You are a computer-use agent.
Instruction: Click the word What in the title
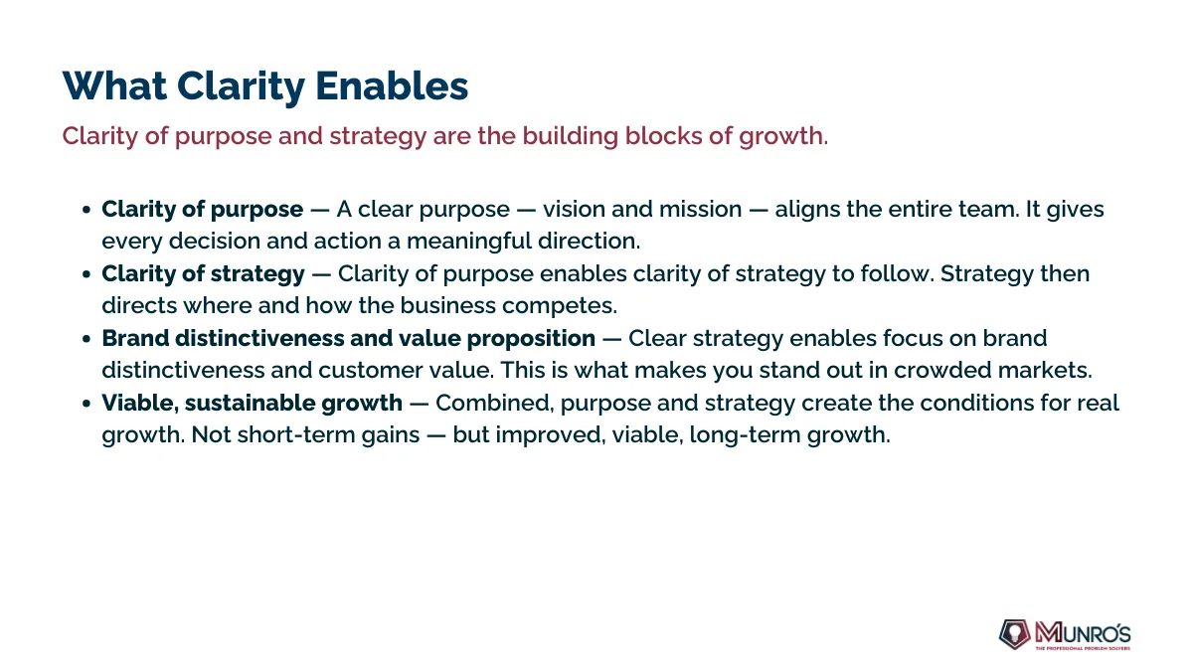pyautogui.click(x=114, y=85)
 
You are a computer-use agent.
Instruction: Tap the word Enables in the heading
pyautogui.click(x=392, y=85)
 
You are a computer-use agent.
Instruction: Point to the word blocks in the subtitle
pyautogui.click(x=663, y=136)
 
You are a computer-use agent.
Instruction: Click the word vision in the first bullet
pyautogui.click(x=574, y=209)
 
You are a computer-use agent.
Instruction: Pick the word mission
pyautogui.click(x=700, y=209)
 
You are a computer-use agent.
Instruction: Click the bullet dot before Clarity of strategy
pyautogui.click(x=86, y=274)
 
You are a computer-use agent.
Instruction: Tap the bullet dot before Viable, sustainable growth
pyautogui.click(x=86, y=404)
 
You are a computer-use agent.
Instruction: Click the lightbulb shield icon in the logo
pyautogui.click(x=1015, y=634)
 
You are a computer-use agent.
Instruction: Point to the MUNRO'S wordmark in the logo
pyautogui.click(x=1083, y=633)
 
